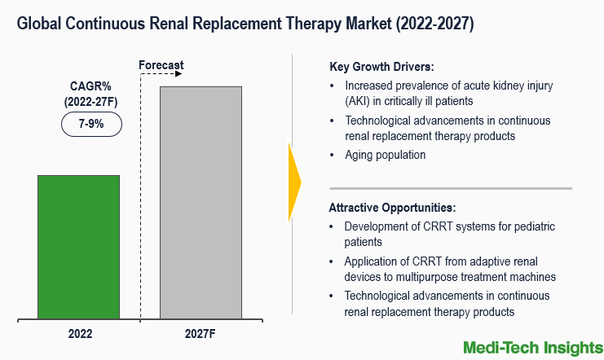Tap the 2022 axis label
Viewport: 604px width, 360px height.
[x=79, y=333]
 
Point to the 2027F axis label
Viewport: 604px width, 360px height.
[x=201, y=333]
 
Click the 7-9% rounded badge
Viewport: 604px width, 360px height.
[x=91, y=125]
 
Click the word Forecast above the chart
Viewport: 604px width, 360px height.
[x=161, y=64]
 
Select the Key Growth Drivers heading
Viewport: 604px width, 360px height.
[x=381, y=67]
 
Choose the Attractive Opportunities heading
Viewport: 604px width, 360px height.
[x=392, y=207]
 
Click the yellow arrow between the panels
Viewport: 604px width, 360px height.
[x=294, y=182]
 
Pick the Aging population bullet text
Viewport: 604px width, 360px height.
[x=385, y=154]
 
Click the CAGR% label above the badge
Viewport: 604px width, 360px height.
[x=91, y=86]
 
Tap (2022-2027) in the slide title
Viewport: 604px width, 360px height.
[x=430, y=24]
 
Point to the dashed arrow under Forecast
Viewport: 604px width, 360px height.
[x=161, y=74]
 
